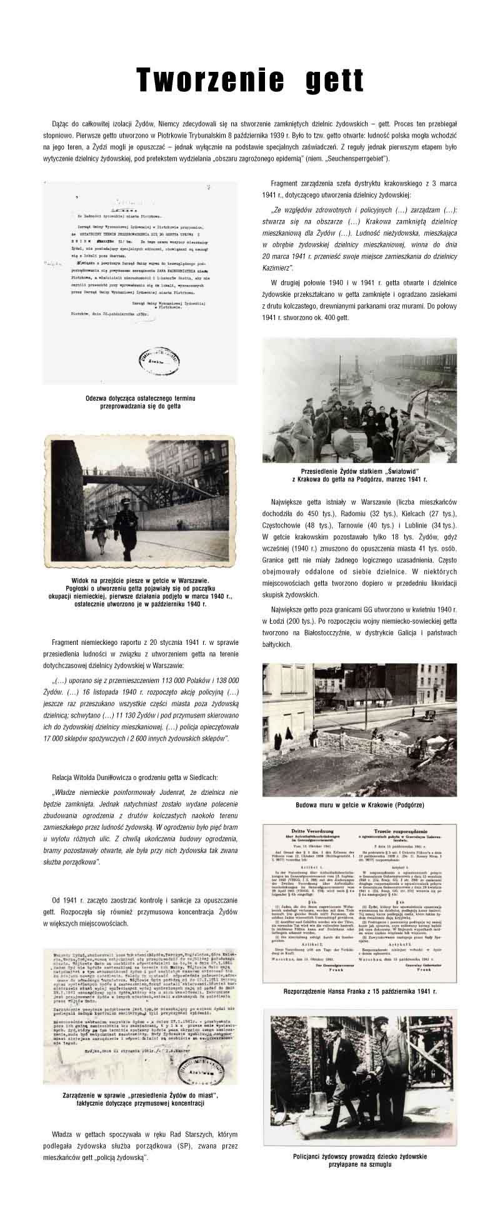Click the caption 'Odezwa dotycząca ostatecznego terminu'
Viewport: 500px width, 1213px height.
point(140,398)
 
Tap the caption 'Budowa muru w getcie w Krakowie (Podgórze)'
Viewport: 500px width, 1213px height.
point(359,805)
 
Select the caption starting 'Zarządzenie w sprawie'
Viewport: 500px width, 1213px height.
point(140,1096)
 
